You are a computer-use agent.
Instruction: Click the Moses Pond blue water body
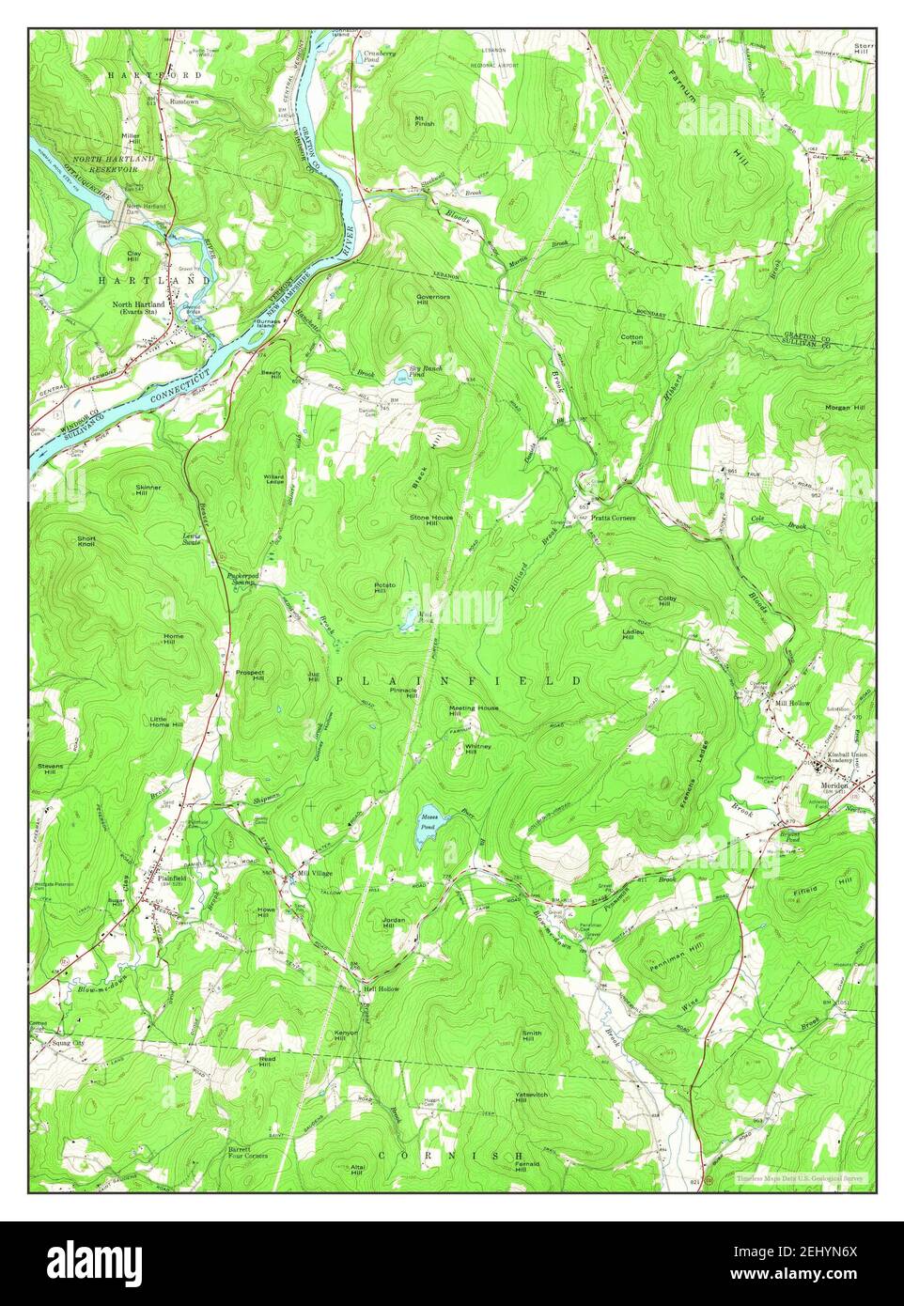pyautogui.click(x=429, y=826)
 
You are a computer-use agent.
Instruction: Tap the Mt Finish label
pyautogui.click(x=425, y=120)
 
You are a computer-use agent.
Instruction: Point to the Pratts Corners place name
pyautogui.click(x=614, y=518)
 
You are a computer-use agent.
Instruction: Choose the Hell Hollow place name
pyautogui.click(x=382, y=989)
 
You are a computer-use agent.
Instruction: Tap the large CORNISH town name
pyautogui.click(x=450, y=1155)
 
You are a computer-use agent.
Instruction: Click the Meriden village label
pyautogui.click(x=834, y=785)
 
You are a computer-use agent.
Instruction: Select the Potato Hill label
pyautogui.click(x=386, y=588)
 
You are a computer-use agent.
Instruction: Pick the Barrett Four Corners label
pyautogui.click(x=246, y=1152)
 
